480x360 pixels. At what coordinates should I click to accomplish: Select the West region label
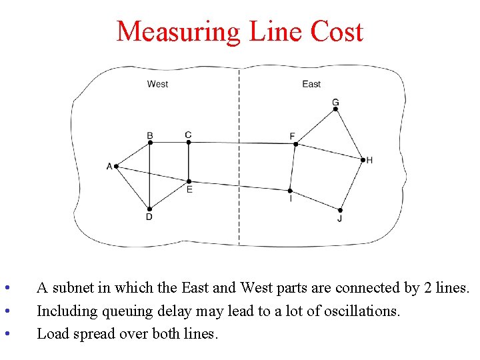157,84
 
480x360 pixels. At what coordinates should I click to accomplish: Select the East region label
311,84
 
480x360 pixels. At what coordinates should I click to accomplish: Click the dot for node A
116,166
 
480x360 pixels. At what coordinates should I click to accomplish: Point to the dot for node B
150,142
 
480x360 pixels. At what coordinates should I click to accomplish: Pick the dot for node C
189,141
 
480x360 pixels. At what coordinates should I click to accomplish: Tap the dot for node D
149,209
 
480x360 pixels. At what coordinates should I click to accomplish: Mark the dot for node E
189,181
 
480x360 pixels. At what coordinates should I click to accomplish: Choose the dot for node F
295,144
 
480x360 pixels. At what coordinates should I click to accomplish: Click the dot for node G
335,109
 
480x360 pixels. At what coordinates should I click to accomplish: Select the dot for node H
363,160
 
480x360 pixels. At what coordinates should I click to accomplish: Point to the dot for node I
290,191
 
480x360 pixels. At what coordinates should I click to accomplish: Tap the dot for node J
341,210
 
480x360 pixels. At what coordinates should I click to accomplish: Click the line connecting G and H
349,134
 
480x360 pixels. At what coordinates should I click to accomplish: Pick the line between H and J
352,185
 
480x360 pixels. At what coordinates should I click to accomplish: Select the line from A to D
133,187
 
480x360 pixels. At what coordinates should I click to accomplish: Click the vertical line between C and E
189,161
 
